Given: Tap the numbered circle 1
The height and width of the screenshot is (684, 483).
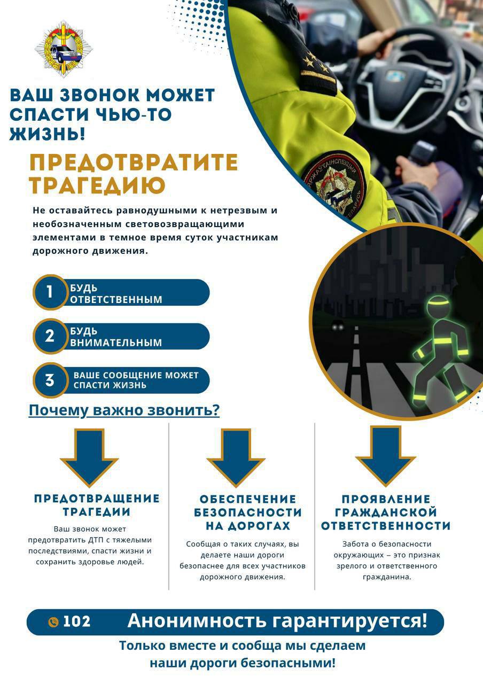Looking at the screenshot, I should coord(50,292).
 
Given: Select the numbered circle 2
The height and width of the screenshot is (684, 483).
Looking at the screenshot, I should coord(50,336).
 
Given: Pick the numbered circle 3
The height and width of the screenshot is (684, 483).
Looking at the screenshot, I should coord(50,380).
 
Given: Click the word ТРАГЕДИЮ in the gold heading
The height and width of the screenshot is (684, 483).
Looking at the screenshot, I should coord(97,185).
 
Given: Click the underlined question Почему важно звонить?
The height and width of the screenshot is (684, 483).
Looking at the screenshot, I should coord(124,410).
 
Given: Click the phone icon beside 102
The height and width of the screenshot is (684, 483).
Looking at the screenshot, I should coord(53,622).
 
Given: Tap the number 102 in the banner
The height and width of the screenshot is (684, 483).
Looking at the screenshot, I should coord(77,621).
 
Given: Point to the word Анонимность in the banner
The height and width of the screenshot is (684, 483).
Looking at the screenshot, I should coord(197,621).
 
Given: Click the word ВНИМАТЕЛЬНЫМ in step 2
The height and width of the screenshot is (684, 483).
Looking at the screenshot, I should coord(116,343).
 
